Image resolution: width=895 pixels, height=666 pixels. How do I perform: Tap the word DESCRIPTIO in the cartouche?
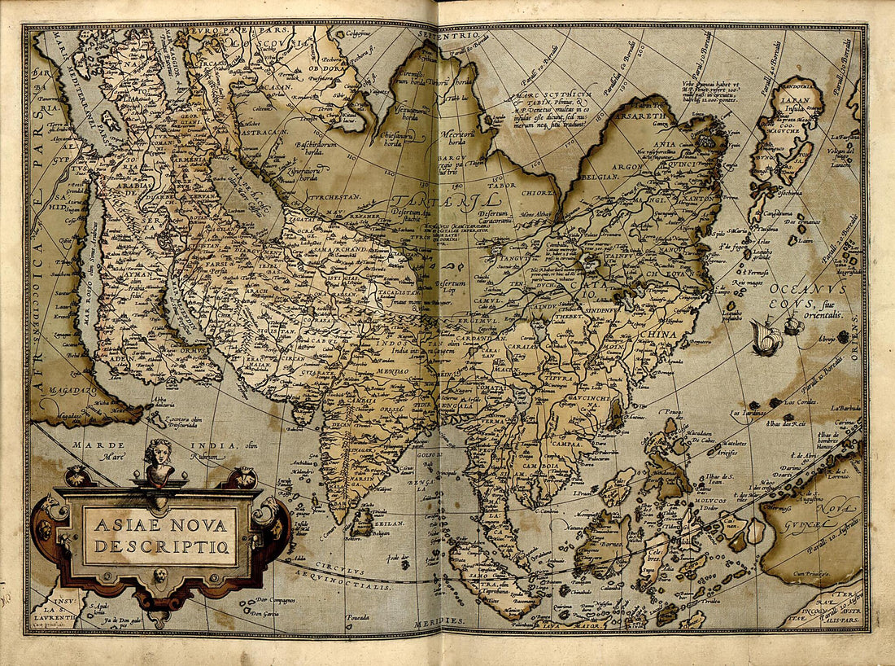tap(162, 546)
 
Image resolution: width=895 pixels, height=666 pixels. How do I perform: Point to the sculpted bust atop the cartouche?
tap(159, 462)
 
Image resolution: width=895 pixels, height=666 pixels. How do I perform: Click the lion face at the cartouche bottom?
tap(161, 576)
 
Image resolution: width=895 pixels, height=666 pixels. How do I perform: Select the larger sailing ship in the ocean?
tap(766, 337)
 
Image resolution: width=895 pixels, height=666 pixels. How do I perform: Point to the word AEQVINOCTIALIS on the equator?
tap(356, 584)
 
